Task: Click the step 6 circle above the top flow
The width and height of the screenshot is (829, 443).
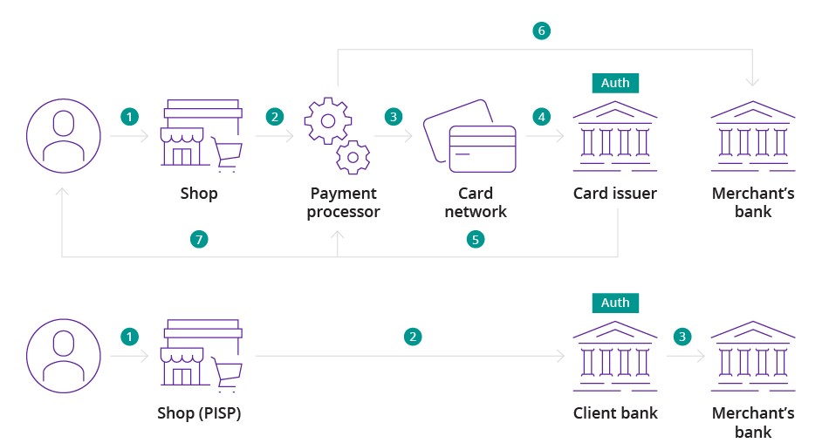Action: [x=541, y=31]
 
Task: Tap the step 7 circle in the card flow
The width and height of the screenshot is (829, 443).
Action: [x=200, y=238]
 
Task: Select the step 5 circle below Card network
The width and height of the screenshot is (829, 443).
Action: [x=475, y=238]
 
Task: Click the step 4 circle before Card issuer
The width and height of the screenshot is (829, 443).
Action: [x=542, y=116]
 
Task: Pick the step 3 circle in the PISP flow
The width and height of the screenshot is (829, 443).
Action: [x=683, y=336]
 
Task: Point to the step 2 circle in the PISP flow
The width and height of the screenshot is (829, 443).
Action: [x=413, y=336]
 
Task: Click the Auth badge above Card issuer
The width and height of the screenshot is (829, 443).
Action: [x=614, y=83]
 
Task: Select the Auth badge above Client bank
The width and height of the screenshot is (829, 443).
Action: [x=614, y=303]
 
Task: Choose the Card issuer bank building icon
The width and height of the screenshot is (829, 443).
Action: [x=614, y=135]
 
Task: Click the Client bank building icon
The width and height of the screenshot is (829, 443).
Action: [x=614, y=356]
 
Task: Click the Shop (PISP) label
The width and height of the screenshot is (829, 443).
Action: [x=199, y=413]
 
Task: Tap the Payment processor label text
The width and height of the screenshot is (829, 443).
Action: [x=343, y=202]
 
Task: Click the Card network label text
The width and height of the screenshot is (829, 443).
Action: [x=476, y=202]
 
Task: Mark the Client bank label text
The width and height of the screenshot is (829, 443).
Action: [x=614, y=413]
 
